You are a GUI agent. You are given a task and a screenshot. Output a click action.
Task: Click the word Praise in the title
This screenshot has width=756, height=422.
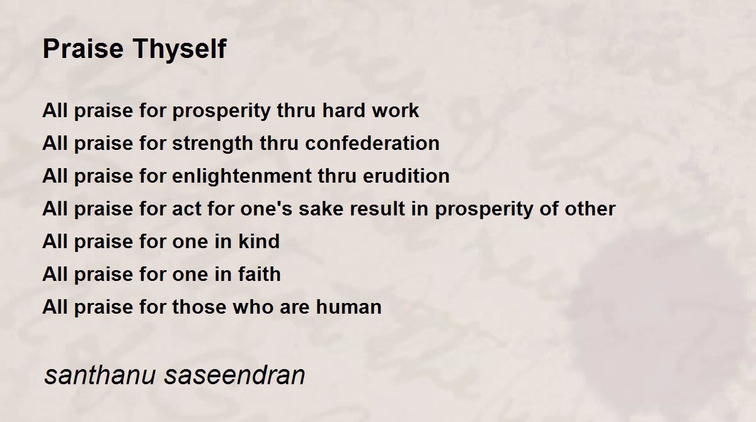coord(83,48)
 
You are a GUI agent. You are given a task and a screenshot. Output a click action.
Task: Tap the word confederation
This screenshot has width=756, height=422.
coord(372,143)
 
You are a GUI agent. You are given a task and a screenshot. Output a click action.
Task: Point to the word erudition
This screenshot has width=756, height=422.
coord(406,176)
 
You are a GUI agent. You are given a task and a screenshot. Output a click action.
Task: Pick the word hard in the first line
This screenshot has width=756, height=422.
coord(343,110)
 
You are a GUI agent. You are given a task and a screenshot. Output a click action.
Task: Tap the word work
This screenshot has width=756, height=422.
coord(395,110)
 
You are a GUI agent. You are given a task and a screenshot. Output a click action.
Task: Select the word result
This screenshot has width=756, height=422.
coord(377,208)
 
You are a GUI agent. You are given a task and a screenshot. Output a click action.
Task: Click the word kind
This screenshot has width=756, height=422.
coord(259,241)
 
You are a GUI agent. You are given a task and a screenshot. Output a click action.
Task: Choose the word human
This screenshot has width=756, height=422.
coord(348,307)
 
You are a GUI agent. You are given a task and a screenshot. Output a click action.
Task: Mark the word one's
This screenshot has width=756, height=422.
coord(266,208)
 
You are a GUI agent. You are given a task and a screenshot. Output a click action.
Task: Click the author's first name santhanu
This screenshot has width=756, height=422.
coord(100,375)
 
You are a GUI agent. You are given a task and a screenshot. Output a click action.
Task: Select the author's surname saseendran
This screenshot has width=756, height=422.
coord(234,375)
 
